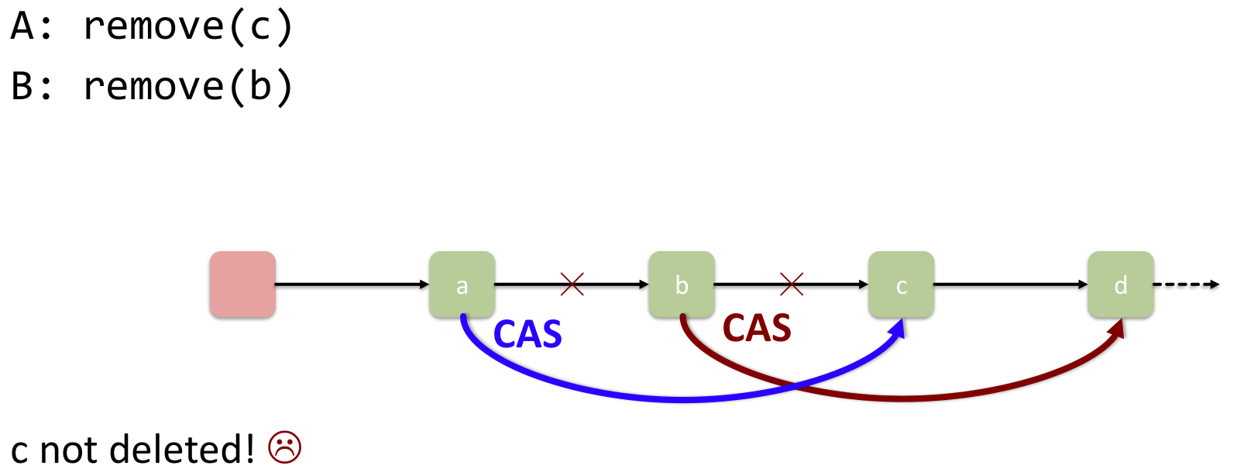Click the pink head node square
pos(242,285)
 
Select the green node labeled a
pos(462,285)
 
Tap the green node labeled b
pos(682,285)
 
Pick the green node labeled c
pos(901,285)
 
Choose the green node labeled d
pos(1121,285)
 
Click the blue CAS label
pos(527,335)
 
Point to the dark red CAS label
pos(757,328)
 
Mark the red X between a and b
pos(572,284)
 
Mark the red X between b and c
pos(792,284)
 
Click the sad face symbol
pos(284,447)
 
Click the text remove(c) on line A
pos(188,26)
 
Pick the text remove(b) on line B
pos(188,85)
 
